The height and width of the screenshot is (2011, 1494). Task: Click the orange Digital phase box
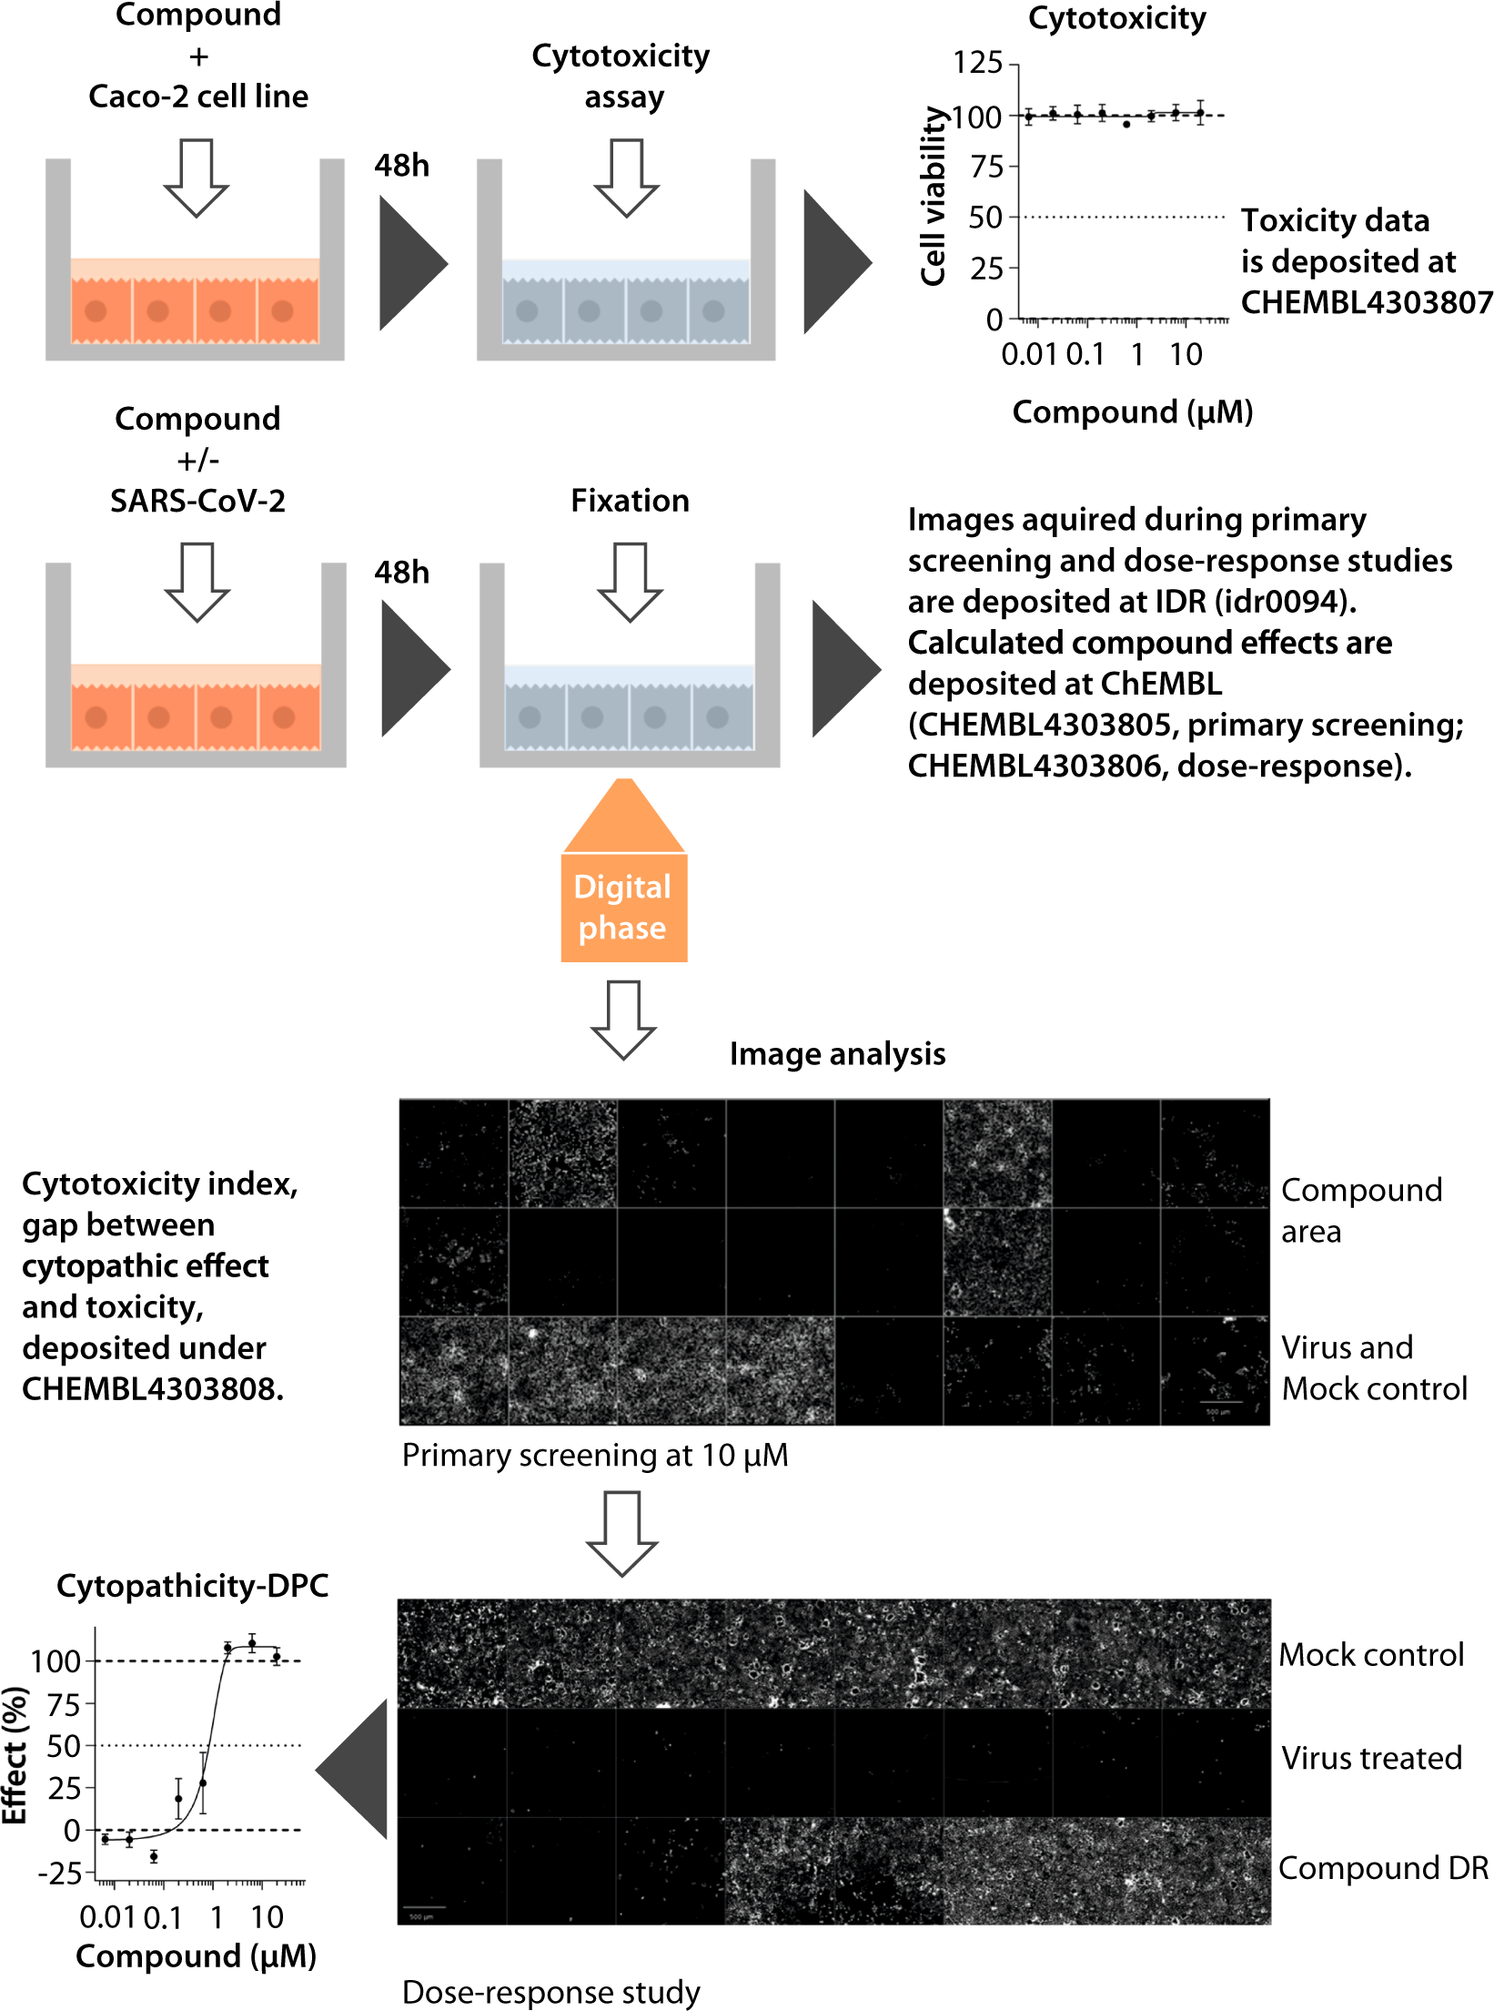tap(623, 907)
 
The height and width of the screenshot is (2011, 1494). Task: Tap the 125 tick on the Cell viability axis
tap(977, 63)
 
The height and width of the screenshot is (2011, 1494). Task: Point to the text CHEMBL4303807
tap(1366, 302)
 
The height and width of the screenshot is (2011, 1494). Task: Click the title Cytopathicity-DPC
tap(192, 1586)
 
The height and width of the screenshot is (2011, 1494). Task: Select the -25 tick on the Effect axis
tap(60, 1874)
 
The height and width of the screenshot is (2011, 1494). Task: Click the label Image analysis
tap(837, 1054)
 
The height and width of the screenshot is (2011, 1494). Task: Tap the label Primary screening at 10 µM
tap(595, 1456)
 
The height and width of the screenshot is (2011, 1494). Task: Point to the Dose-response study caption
tap(550, 1992)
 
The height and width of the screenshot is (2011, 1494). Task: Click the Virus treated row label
tap(1371, 1758)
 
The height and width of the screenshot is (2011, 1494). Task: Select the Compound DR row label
tap(1383, 1868)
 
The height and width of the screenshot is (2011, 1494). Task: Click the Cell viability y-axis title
tap(934, 196)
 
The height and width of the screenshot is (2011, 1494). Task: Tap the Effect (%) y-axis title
tap(15, 1756)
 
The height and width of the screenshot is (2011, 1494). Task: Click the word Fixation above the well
tap(630, 501)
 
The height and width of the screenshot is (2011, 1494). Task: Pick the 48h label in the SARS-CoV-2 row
tap(401, 573)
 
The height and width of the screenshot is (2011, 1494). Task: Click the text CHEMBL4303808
tap(152, 1389)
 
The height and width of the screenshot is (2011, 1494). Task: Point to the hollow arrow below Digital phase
tap(623, 1020)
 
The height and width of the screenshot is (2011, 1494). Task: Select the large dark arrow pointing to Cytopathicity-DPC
tap(355, 1770)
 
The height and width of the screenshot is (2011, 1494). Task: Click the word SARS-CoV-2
tap(197, 501)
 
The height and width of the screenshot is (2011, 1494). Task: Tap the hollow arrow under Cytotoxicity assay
tap(626, 178)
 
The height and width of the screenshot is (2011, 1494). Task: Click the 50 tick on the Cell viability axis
tap(984, 218)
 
